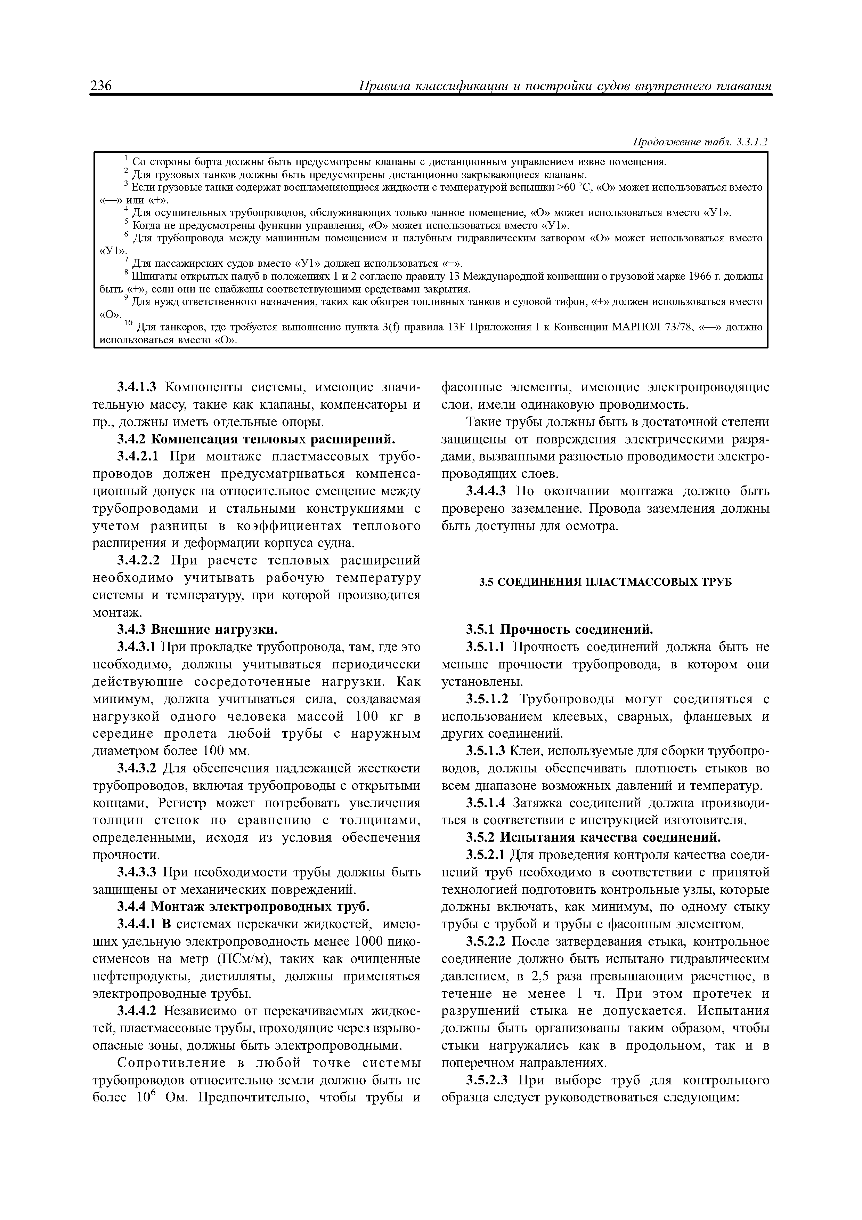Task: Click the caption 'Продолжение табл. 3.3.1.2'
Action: (x=700, y=142)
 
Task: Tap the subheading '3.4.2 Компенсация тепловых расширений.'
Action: (x=257, y=440)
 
